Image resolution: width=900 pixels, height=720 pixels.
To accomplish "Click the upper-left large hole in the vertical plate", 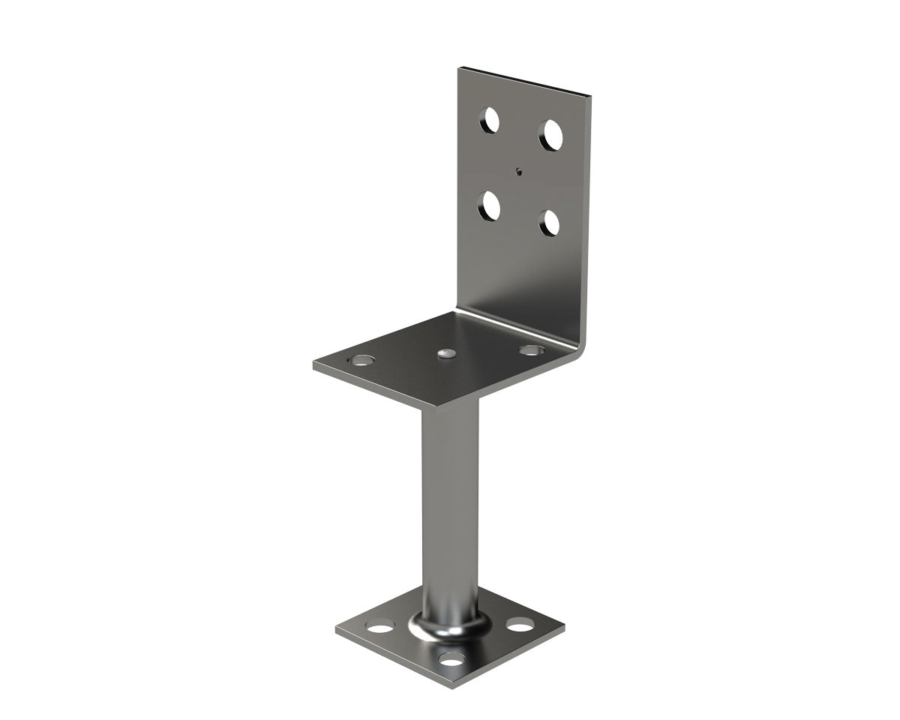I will (490, 120).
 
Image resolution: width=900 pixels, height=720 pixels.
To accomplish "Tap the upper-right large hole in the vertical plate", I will (550, 134).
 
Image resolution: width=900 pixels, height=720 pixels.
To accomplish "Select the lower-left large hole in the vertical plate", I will (490, 205).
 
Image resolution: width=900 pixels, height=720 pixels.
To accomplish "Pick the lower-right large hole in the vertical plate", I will (550, 223).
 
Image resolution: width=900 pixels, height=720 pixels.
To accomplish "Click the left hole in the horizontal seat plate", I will (363, 360).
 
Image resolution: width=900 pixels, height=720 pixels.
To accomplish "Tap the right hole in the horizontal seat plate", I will (531, 349).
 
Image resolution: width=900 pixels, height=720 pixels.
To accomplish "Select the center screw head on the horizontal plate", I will (448, 352).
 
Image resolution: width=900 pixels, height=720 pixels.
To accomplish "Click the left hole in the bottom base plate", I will (380, 626).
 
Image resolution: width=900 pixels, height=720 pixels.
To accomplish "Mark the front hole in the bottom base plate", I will (451, 659).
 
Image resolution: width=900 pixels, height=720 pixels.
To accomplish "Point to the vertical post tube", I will (450, 510).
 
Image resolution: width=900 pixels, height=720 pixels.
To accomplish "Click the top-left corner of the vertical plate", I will (460, 68).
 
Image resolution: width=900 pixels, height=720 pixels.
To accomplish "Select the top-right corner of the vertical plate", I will (591, 96).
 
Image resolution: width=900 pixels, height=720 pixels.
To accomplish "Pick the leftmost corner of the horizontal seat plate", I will (313, 367).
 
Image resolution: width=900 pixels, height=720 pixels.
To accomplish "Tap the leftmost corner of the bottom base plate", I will (336, 631).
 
